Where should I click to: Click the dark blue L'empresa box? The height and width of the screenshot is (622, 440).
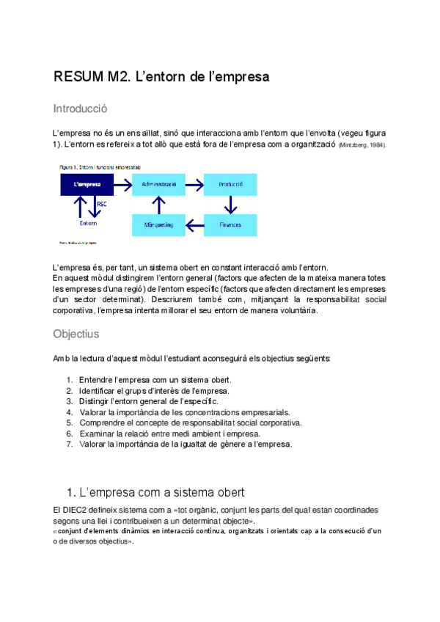click(x=87, y=183)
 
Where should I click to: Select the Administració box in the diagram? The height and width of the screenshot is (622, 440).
click(x=158, y=183)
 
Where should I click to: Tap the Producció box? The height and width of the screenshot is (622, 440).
click(x=230, y=183)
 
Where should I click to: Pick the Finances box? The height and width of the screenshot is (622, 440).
click(x=230, y=224)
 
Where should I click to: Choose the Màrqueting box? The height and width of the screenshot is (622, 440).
click(x=158, y=224)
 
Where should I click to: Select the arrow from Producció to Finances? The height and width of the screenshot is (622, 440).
click(x=230, y=204)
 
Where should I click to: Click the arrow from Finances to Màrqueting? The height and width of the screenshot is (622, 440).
click(x=194, y=224)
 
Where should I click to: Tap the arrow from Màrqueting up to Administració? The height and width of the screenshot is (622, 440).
click(x=158, y=204)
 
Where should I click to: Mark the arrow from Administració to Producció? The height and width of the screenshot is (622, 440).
click(x=194, y=183)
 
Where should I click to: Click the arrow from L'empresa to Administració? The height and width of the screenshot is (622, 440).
click(x=122, y=183)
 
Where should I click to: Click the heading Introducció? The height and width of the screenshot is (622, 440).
click(x=80, y=109)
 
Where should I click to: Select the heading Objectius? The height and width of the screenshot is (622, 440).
click(x=76, y=334)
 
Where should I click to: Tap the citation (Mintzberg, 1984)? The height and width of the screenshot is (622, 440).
click(x=362, y=146)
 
